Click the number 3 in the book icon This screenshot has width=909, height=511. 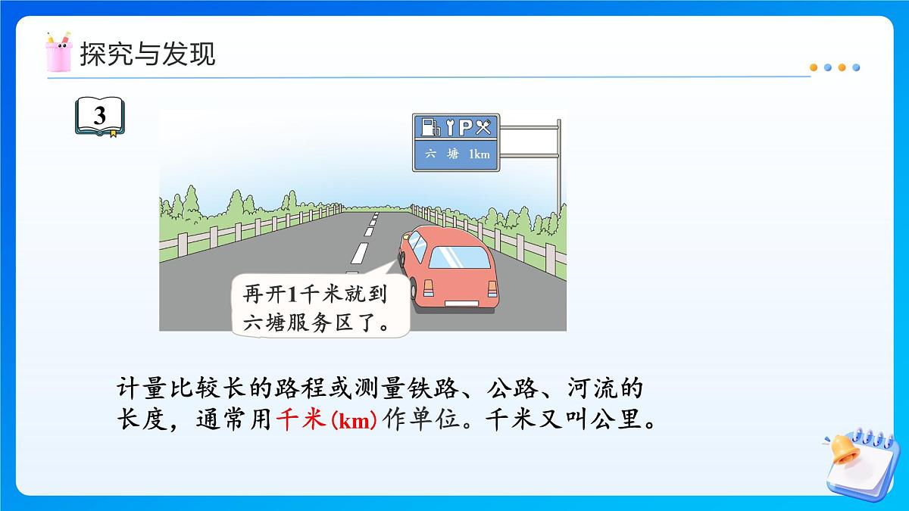click(x=100, y=117)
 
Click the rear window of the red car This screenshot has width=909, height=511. click(x=460, y=257)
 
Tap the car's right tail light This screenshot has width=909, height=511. click(x=492, y=289)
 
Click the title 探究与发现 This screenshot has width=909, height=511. click(x=148, y=54)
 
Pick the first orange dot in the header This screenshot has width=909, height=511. click(x=814, y=67)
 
